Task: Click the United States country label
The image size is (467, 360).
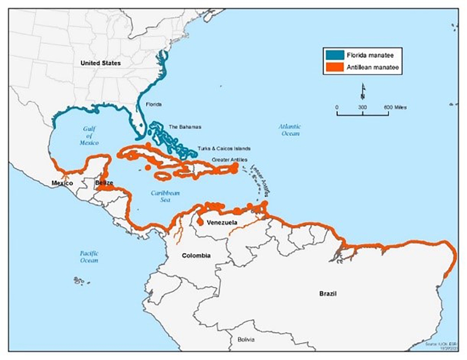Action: tap(100, 63)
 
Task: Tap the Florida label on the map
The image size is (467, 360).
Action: tap(153, 105)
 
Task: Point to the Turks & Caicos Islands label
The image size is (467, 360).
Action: tap(224, 149)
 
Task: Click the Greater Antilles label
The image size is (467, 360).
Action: tap(229, 160)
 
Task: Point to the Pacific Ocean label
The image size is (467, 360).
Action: tap(89, 257)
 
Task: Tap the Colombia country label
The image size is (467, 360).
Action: tap(196, 256)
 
